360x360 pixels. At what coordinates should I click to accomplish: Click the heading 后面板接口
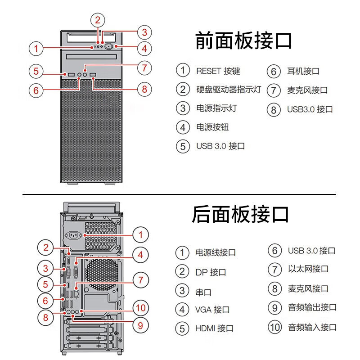[240, 214]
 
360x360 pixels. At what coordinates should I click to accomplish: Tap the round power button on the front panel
[109, 46]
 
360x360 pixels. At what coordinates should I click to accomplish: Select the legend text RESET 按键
[218, 71]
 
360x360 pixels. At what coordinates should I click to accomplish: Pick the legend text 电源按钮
[212, 127]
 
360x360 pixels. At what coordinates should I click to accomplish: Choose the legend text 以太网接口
[308, 269]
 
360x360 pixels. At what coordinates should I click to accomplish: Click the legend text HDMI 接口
[214, 328]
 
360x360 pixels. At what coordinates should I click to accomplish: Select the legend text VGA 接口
[212, 310]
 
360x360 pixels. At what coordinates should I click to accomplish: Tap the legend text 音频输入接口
[312, 327]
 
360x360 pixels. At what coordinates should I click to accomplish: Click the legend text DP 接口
[211, 272]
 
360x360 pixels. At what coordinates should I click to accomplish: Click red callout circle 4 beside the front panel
[144, 48]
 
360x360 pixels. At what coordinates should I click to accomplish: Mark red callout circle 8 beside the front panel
[144, 89]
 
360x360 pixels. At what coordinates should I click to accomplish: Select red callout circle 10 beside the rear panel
[141, 308]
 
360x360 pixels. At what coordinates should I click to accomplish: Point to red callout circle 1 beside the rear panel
[141, 234]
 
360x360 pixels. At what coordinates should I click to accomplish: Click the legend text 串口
[203, 291]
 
